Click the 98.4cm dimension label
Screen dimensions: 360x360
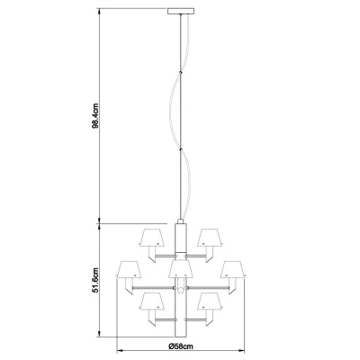tap(95, 116)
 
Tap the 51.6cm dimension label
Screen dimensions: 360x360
tap(95, 280)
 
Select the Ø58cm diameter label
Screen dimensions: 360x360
tap(181, 346)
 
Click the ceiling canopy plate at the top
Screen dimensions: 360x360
tap(181, 11)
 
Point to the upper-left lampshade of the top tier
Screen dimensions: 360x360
tap(152, 238)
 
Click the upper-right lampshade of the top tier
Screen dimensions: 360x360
tap(210, 238)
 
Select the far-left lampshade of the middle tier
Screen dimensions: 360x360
tap(129, 269)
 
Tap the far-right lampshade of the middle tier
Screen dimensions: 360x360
tap(233, 269)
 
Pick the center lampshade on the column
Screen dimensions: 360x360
tap(180, 269)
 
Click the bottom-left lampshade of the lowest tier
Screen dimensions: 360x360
tap(152, 301)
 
